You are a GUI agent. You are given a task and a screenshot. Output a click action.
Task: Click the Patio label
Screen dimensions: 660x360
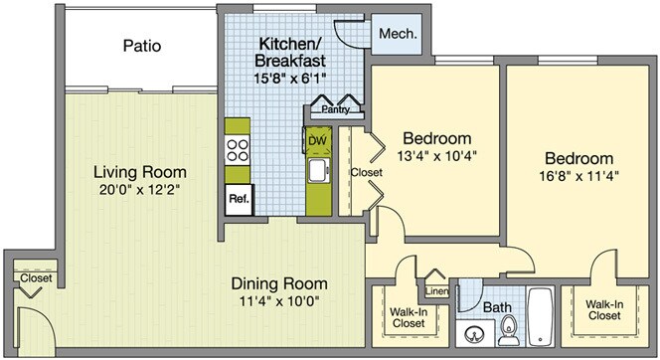142,46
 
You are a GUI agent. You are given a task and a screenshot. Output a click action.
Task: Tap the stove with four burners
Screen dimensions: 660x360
238,150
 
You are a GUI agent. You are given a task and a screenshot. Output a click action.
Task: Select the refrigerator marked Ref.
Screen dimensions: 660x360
240,200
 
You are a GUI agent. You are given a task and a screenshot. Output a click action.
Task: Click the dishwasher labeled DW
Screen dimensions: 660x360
317,140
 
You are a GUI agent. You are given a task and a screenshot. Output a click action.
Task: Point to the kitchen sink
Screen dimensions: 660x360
319,171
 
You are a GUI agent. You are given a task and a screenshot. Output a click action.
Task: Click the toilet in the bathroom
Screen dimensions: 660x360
509,330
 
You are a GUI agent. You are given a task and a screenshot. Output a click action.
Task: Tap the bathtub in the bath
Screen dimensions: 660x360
541,316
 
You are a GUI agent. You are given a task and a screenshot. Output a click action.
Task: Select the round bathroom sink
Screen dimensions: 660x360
475,335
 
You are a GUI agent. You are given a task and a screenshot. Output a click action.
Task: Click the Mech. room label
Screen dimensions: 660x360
398,33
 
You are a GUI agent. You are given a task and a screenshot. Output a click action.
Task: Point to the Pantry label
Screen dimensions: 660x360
336,109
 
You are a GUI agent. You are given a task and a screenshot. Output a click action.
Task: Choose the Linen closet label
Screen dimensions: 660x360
437,291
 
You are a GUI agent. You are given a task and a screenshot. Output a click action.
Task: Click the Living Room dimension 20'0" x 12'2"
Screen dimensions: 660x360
140,190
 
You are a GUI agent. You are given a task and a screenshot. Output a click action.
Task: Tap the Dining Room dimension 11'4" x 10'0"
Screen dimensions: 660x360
279,301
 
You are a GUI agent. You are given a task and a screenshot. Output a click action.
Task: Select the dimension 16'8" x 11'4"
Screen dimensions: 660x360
578,176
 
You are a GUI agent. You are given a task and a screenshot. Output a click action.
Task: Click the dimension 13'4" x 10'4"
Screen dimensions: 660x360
437,156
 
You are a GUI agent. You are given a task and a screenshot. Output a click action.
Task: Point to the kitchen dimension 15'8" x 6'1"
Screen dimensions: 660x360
290,78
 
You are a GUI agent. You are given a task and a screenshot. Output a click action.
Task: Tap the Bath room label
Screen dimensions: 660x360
497,307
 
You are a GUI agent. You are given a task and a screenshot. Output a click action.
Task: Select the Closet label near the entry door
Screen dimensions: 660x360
36,277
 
